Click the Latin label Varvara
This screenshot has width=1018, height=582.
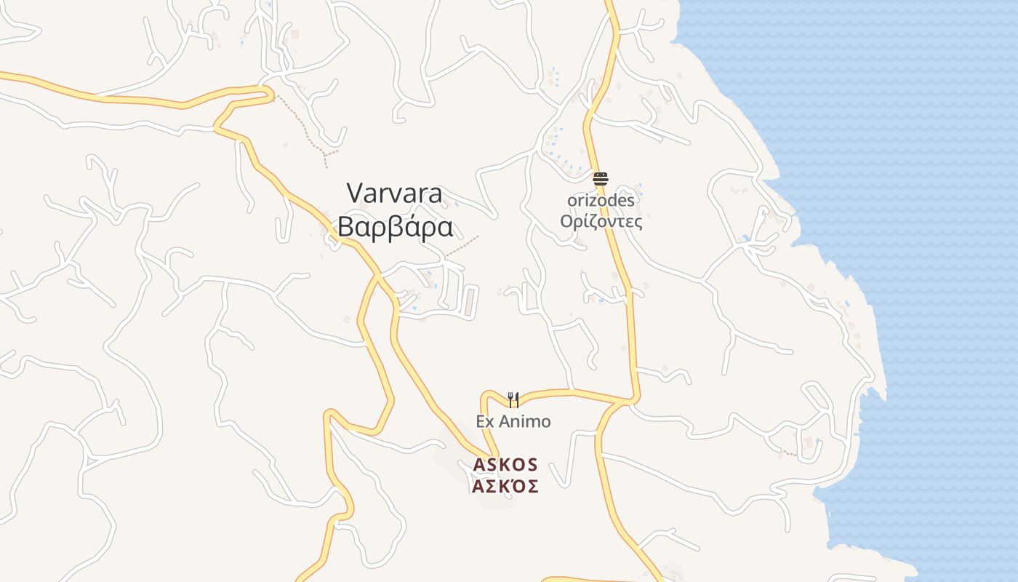click(x=394, y=194)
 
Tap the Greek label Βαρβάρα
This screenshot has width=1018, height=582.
click(x=396, y=227)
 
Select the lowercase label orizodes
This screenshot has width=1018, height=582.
click(x=601, y=200)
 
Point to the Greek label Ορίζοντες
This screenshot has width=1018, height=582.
click(x=601, y=221)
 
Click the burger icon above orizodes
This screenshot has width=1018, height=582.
click(x=600, y=179)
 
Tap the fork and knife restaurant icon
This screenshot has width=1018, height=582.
click(x=513, y=399)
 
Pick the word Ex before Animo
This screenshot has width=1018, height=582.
click(x=486, y=421)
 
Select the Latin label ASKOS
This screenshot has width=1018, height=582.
click(x=505, y=464)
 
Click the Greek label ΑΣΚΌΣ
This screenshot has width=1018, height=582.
click(x=505, y=487)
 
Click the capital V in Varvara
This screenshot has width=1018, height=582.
click(x=355, y=194)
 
